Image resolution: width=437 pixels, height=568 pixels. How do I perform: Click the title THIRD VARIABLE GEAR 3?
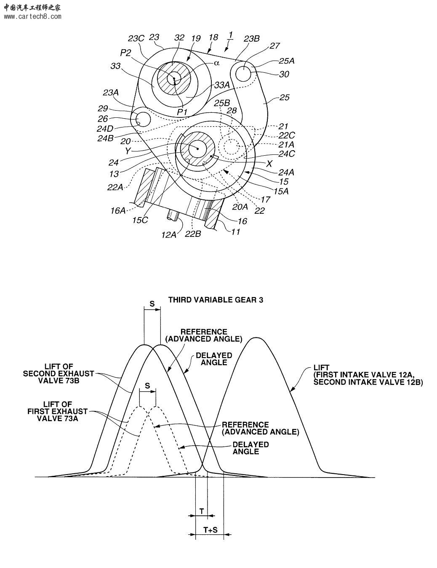pyautogui.click(x=216, y=300)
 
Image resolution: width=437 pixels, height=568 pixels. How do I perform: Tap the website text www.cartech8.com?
pyautogui.click(x=32, y=17)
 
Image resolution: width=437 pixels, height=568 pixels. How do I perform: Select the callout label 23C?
pyautogui.click(x=136, y=38)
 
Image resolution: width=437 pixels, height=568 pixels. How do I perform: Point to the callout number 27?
pyautogui.click(x=274, y=46)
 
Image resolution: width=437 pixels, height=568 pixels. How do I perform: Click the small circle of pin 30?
pyautogui.click(x=243, y=74)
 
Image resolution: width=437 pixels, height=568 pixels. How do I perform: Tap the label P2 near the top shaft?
pyautogui.click(x=125, y=53)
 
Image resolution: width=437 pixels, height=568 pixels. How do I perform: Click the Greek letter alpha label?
pyautogui.click(x=216, y=63)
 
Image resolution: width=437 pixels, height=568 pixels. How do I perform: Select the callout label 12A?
pyautogui.click(x=169, y=235)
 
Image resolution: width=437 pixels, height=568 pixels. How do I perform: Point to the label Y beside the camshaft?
pyautogui.click(x=128, y=151)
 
